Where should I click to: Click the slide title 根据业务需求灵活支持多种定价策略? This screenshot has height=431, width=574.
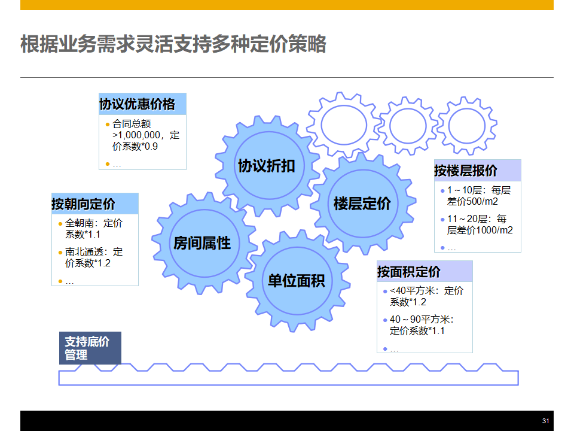(x=173, y=44)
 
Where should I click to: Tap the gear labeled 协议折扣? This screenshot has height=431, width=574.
(x=266, y=166)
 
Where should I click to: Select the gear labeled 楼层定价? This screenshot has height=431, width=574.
(x=362, y=204)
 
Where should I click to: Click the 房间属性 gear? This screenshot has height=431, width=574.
(x=202, y=243)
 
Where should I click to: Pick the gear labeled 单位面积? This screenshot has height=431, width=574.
(x=296, y=280)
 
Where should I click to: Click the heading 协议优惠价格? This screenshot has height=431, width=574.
(x=138, y=105)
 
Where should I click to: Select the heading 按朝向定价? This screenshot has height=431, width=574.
(x=84, y=204)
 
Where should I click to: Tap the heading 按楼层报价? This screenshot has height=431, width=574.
(x=466, y=171)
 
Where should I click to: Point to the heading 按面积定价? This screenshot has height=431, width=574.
(x=409, y=272)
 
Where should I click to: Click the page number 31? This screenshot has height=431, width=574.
(x=545, y=421)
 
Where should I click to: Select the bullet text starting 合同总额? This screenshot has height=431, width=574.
(x=145, y=135)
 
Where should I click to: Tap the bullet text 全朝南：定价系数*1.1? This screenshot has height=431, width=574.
(x=93, y=229)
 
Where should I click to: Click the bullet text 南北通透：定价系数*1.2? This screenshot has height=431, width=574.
(x=93, y=257)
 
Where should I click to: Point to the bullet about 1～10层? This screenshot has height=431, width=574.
(x=479, y=196)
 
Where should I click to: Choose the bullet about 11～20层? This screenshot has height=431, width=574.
(x=479, y=224)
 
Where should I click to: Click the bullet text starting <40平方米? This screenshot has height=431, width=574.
(x=426, y=296)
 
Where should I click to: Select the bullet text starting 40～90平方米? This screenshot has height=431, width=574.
(x=421, y=325)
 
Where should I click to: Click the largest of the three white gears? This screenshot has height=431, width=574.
(x=343, y=125)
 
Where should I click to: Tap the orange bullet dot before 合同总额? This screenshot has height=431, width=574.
(x=108, y=125)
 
